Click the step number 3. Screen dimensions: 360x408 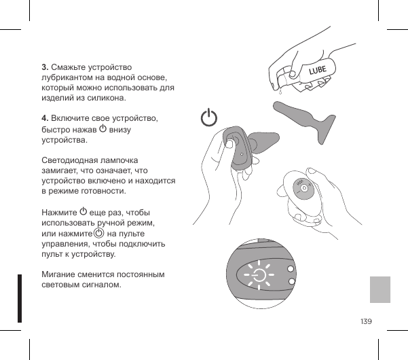click(x=44, y=67)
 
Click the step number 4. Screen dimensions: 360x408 click(x=44, y=119)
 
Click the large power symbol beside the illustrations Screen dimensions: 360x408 click(x=210, y=118)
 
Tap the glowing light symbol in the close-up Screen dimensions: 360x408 click(x=259, y=275)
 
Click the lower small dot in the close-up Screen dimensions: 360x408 click(x=291, y=282)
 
